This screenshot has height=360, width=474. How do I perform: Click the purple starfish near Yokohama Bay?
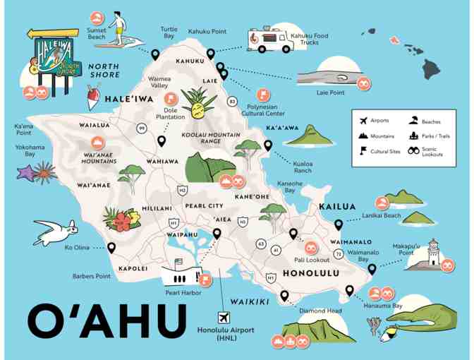pos(28,172)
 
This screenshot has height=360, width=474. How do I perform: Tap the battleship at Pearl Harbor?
pos(183,270)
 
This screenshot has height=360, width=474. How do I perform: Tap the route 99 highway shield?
pos(142,128)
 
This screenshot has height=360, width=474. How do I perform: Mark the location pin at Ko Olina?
pos(111,248)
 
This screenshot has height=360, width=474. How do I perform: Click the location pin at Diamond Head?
pos(284,295)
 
